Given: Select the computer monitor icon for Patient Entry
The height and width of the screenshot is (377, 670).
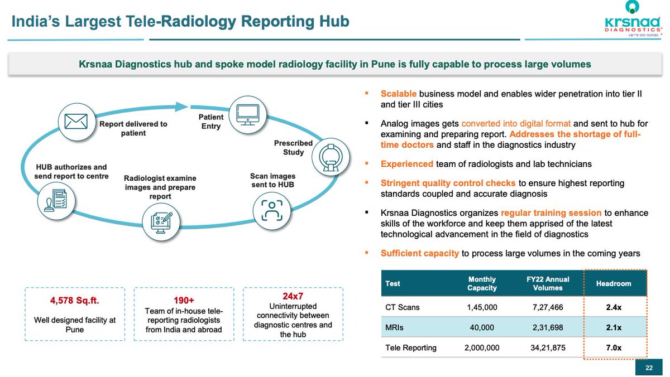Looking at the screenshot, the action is (246, 113).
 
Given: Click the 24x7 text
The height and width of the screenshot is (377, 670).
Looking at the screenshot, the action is (293, 296).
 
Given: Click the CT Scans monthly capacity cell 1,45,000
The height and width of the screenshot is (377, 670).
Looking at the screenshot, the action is (482, 307).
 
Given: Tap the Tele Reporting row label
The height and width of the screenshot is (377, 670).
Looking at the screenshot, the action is (410, 348).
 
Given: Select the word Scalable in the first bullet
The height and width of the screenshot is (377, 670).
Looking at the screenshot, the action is (399, 94).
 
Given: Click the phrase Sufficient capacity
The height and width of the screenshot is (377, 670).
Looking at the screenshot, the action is (420, 253).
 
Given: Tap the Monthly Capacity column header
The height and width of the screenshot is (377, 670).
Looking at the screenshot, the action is (482, 283).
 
